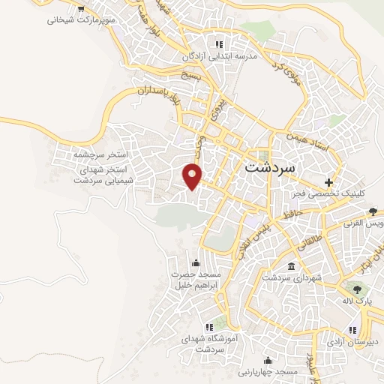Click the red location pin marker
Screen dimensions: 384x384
[x=193, y=175]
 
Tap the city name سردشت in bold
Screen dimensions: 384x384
[x=271, y=168]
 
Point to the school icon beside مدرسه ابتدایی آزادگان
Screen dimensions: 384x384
[x=218, y=43]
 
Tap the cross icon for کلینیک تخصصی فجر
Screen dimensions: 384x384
[x=328, y=181]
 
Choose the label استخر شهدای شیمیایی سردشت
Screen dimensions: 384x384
[x=102, y=175]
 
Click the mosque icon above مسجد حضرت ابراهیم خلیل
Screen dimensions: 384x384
[x=196, y=262]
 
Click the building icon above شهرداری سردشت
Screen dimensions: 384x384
[x=292, y=266]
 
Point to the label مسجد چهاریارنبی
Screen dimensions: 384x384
[x=268, y=371]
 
